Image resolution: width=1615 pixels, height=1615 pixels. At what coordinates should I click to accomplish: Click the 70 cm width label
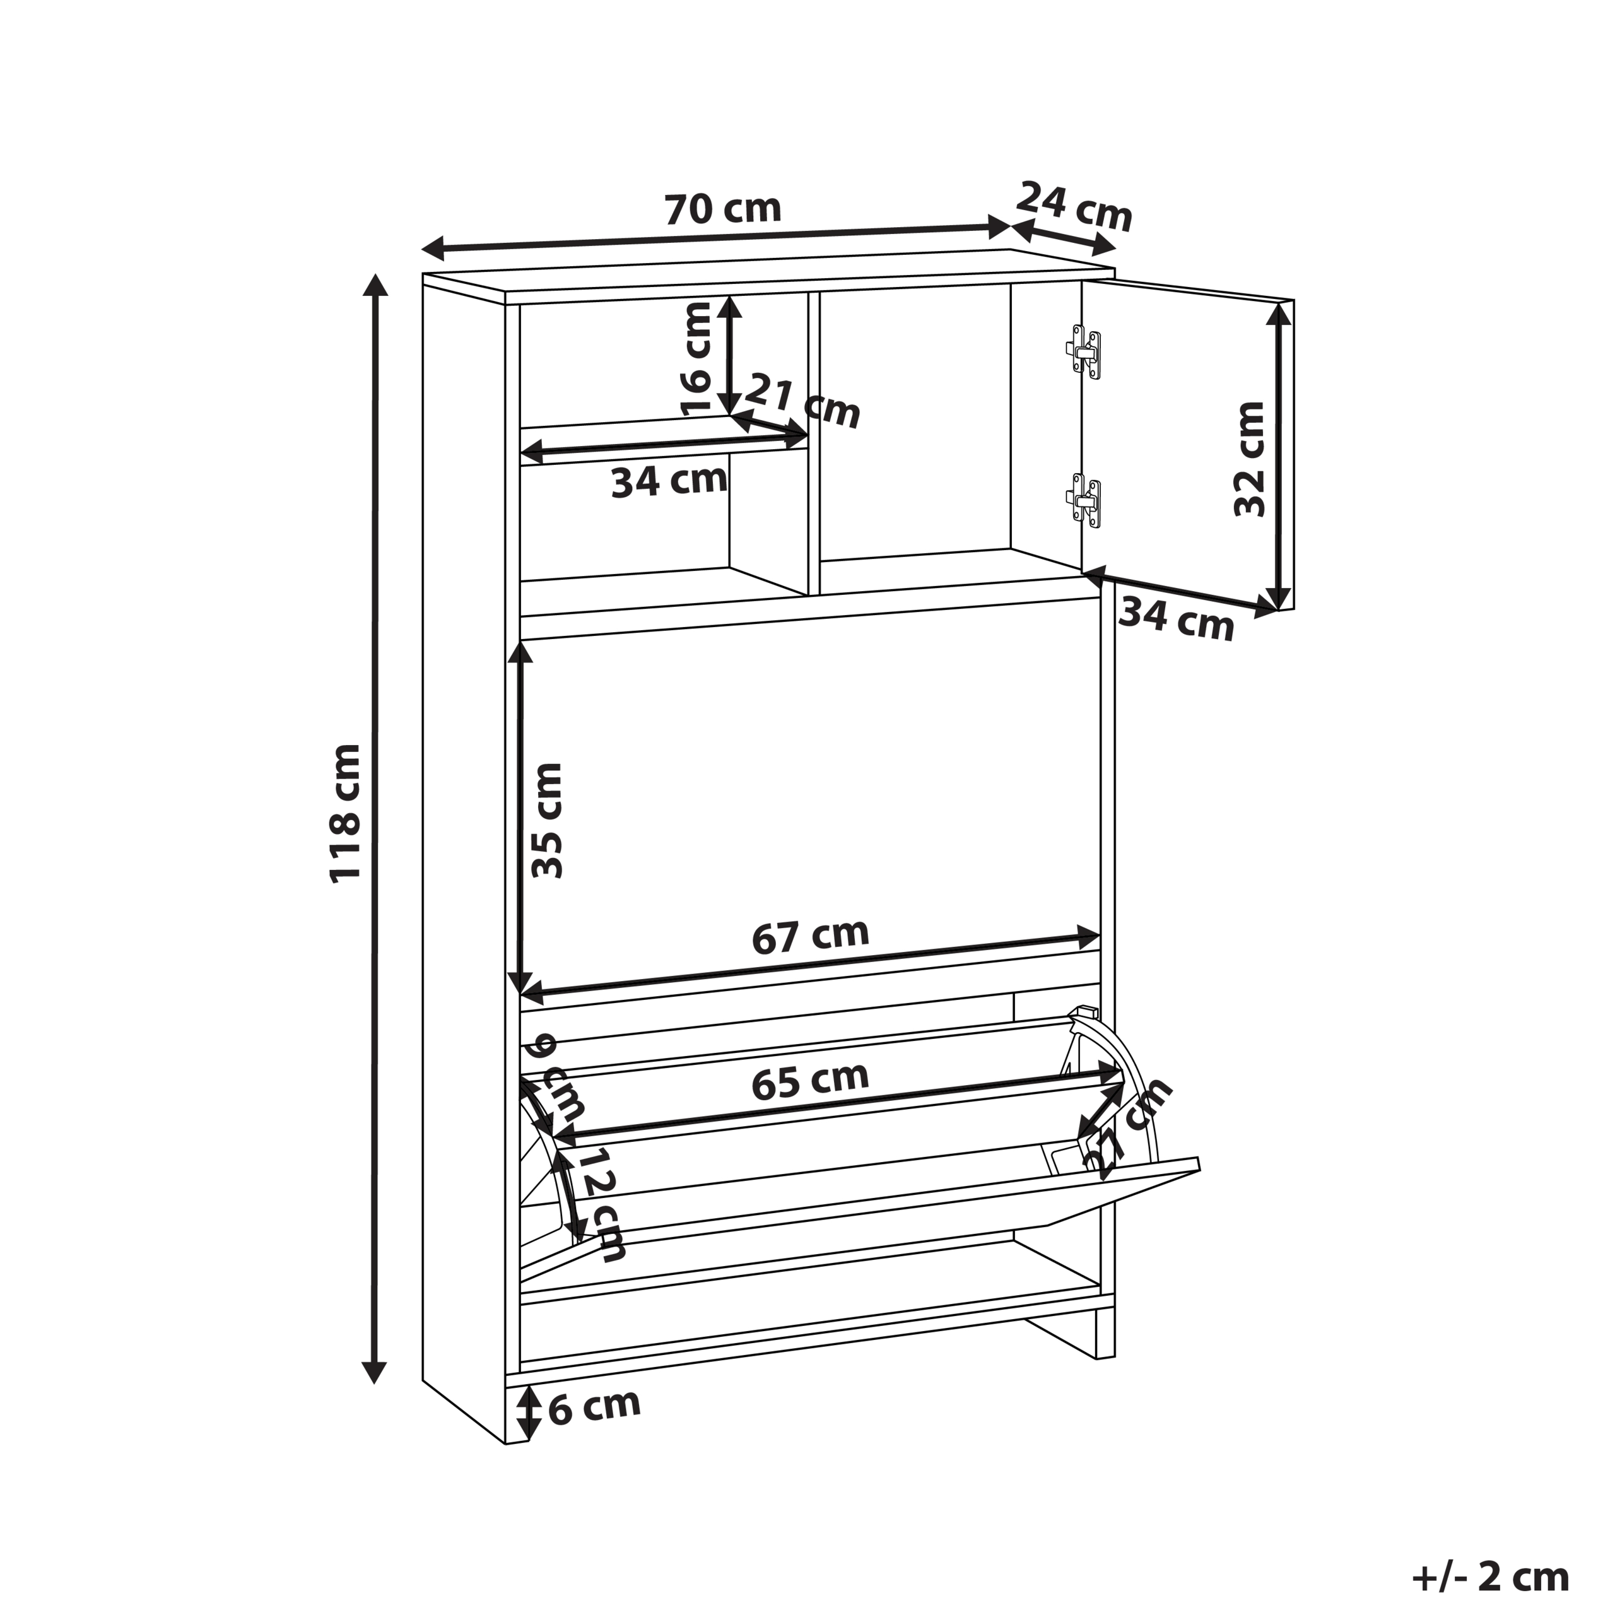point(723,209)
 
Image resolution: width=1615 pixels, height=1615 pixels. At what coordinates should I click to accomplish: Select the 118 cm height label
point(344,813)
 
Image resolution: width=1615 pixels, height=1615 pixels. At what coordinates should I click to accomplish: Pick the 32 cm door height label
point(1250,459)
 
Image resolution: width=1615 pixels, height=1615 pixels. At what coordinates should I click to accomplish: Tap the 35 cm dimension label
point(548,820)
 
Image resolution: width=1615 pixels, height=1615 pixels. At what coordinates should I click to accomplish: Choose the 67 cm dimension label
point(810,937)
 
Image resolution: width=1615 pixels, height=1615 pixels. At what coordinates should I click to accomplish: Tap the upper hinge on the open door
point(1084,352)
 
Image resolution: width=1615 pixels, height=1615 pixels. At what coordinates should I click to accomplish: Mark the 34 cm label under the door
point(1176,620)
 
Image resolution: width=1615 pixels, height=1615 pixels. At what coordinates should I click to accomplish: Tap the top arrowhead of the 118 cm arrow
point(375,285)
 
